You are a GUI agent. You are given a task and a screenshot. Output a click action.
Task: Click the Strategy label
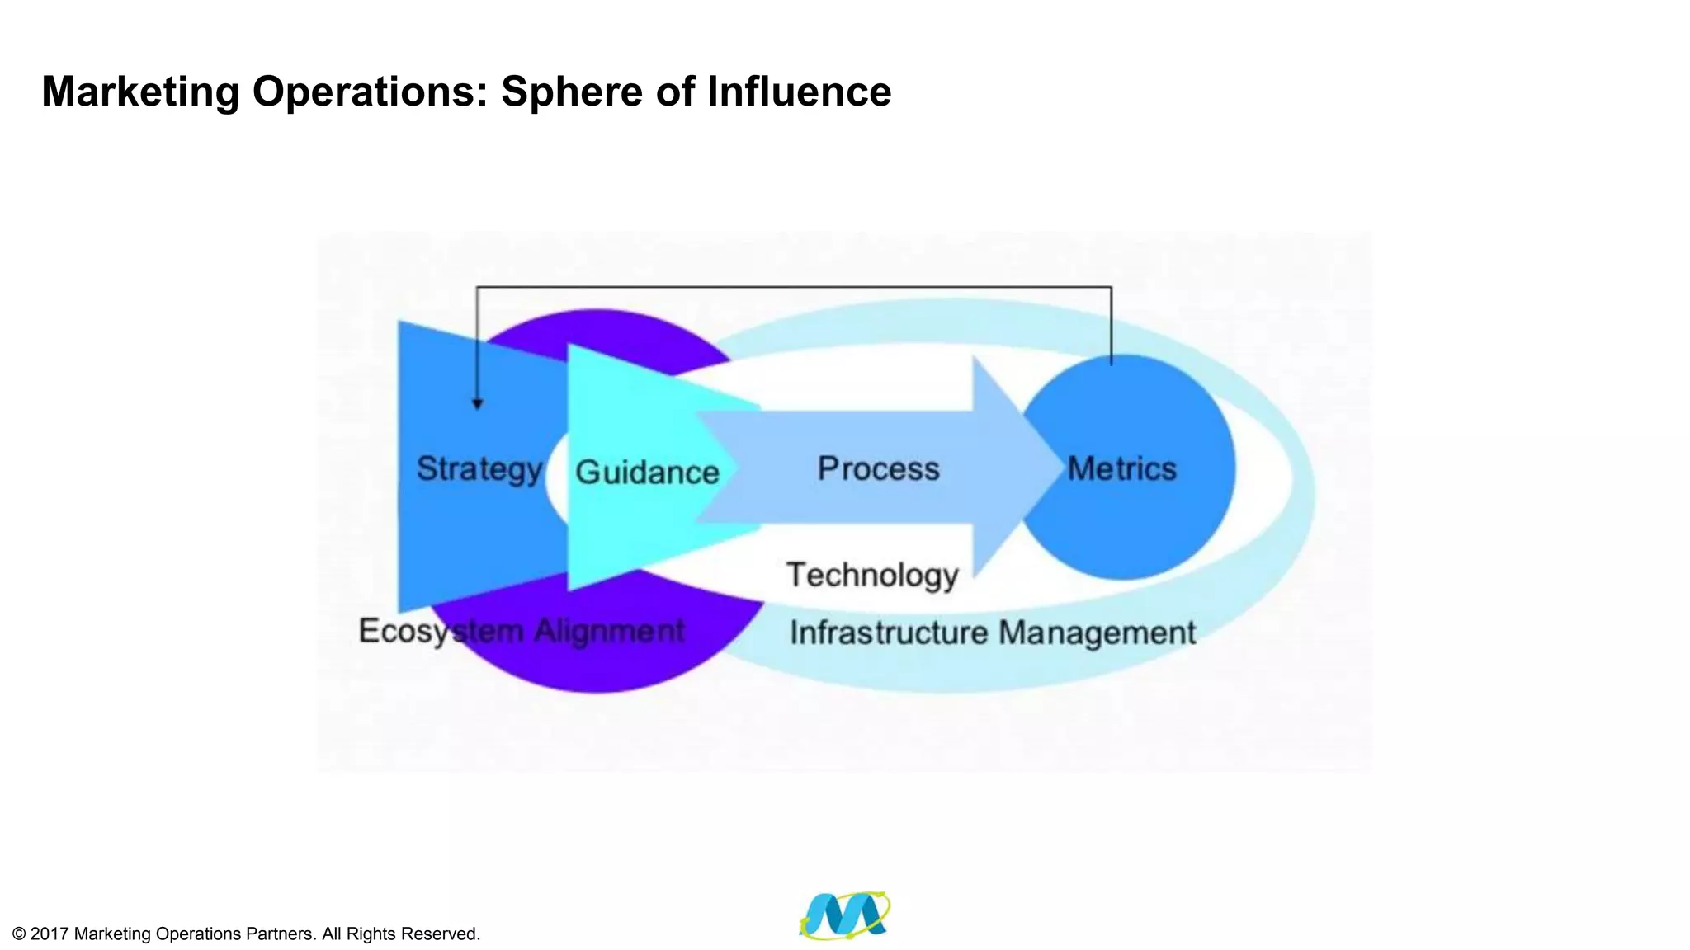[479, 469]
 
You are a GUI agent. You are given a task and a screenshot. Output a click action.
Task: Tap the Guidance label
[647, 473]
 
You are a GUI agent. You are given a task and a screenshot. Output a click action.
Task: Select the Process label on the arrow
[878, 468]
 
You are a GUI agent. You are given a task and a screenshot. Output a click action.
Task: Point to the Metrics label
[1121, 468]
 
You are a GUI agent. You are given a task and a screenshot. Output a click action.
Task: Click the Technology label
[872, 575]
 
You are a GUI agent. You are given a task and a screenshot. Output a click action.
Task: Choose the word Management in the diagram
[1097, 633]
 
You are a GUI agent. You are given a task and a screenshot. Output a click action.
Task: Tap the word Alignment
[609, 631]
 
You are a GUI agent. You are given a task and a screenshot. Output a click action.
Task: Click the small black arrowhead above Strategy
[477, 404]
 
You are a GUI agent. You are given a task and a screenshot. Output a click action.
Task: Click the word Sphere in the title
[573, 91]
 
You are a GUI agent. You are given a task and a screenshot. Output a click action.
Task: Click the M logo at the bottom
[844, 915]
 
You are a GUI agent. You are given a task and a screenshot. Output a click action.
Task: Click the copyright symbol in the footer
[19, 934]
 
